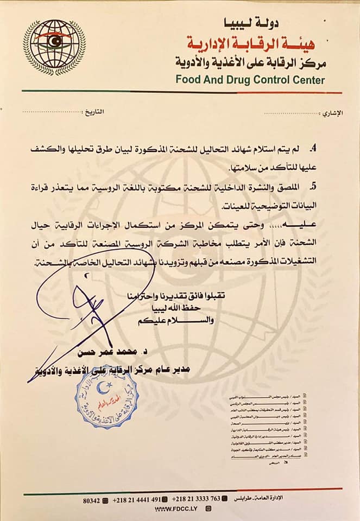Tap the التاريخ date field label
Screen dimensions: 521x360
pyautogui.click(x=93, y=112)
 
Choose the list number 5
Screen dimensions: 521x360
pyautogui.click(x=313, y=186)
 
